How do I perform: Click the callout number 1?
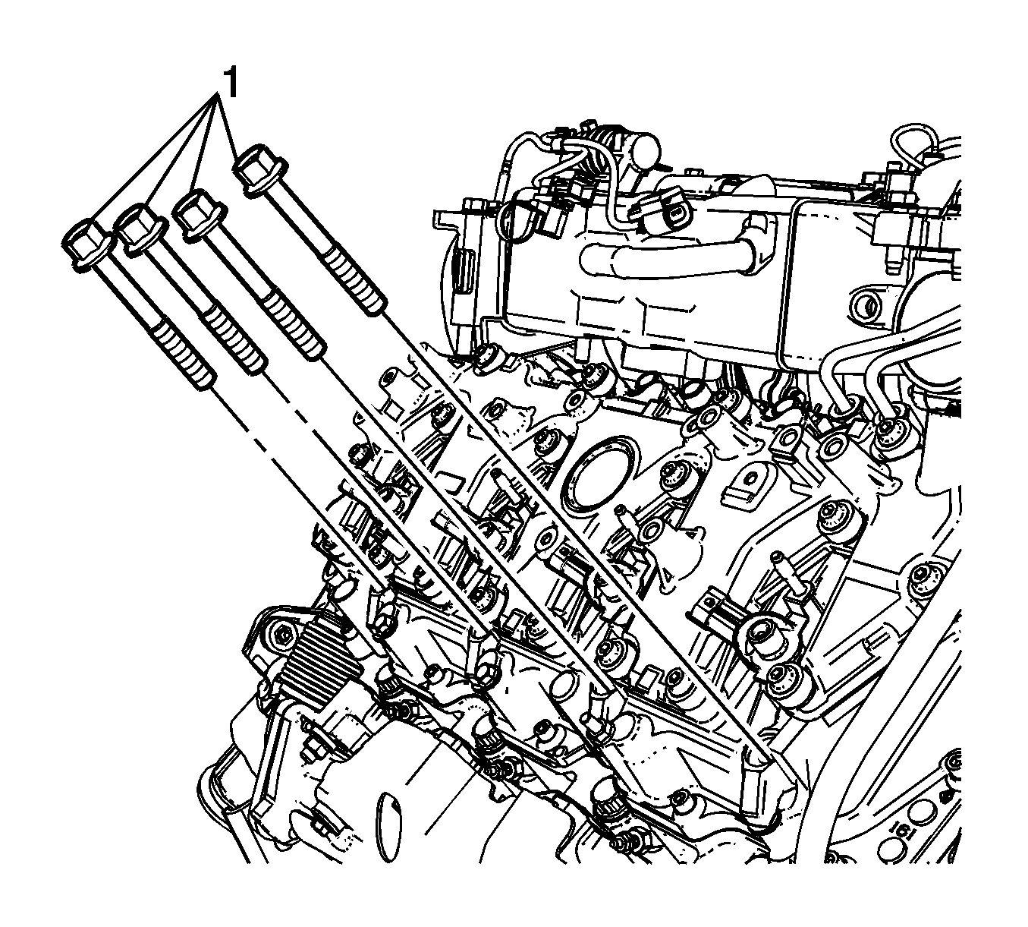coord(231,83)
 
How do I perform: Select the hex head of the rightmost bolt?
coord(259,170)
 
